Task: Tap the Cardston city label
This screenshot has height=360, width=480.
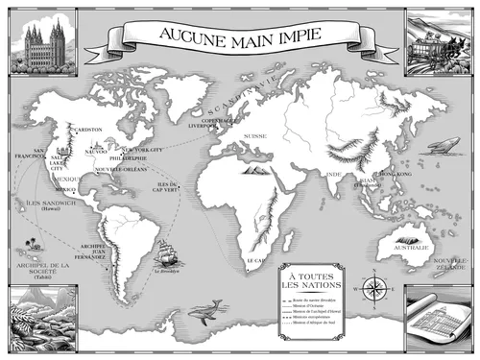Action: (x=89, y=128)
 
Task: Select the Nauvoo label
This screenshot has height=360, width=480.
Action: (x=96, y=151)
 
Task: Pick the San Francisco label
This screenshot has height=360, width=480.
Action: (x=25, y=156)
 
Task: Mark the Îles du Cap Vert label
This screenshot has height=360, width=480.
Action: (x=169, y=186)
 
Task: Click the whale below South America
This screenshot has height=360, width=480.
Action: (x=205, y=309)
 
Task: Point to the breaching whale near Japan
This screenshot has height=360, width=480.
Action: (x=441, y=144)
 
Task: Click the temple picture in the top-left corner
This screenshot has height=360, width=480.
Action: (x=43, y=41)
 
